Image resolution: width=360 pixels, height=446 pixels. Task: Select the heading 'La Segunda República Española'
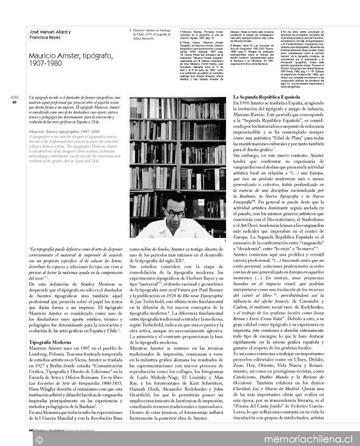click(266, 96)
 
